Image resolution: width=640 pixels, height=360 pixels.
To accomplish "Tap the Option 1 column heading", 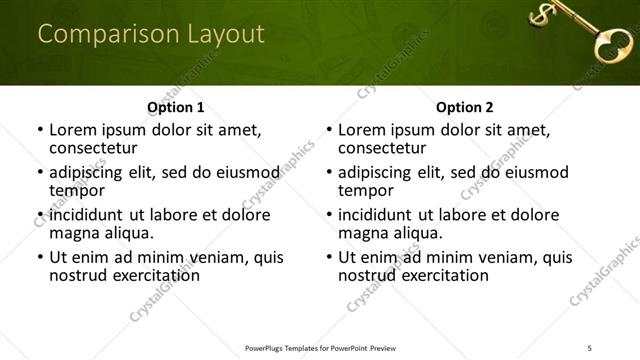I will (x=176, y=107).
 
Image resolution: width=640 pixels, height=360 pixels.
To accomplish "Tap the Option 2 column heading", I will (x=465, y=107).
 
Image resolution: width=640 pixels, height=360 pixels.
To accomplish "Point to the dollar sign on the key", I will (x=543, y=14).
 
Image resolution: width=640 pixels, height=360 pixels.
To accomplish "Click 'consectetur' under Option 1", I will (x=93, y=149).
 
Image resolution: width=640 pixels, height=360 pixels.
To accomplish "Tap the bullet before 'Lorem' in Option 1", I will (x=40, y=131).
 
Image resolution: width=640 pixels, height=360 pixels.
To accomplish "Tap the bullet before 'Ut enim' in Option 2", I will (x=329, y=257).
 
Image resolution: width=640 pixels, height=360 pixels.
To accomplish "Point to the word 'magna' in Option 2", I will (x=365, y=233).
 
